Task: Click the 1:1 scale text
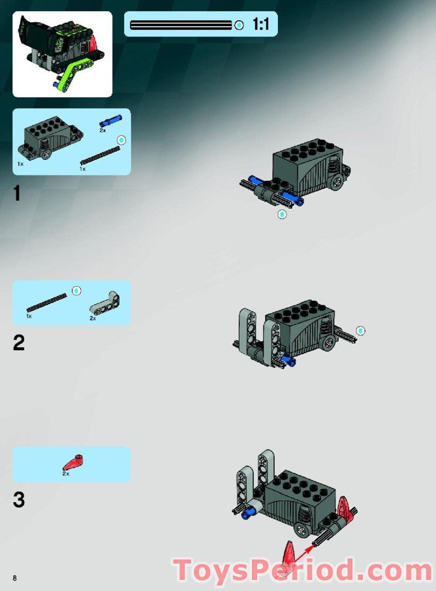click(261, 25)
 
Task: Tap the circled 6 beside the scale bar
click(240, 25)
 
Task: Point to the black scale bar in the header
click(181, 25)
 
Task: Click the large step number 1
click(18, 194)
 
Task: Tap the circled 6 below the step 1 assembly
click(282, 214)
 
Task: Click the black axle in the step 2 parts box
click(46, 304)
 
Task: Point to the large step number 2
click(19, 342)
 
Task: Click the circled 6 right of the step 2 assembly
click(361, 331)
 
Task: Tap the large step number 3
click(19, 500)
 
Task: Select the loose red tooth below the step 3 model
click(287, 554)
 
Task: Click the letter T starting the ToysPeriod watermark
click(185, 571)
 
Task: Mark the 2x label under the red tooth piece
click(66, 474)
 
